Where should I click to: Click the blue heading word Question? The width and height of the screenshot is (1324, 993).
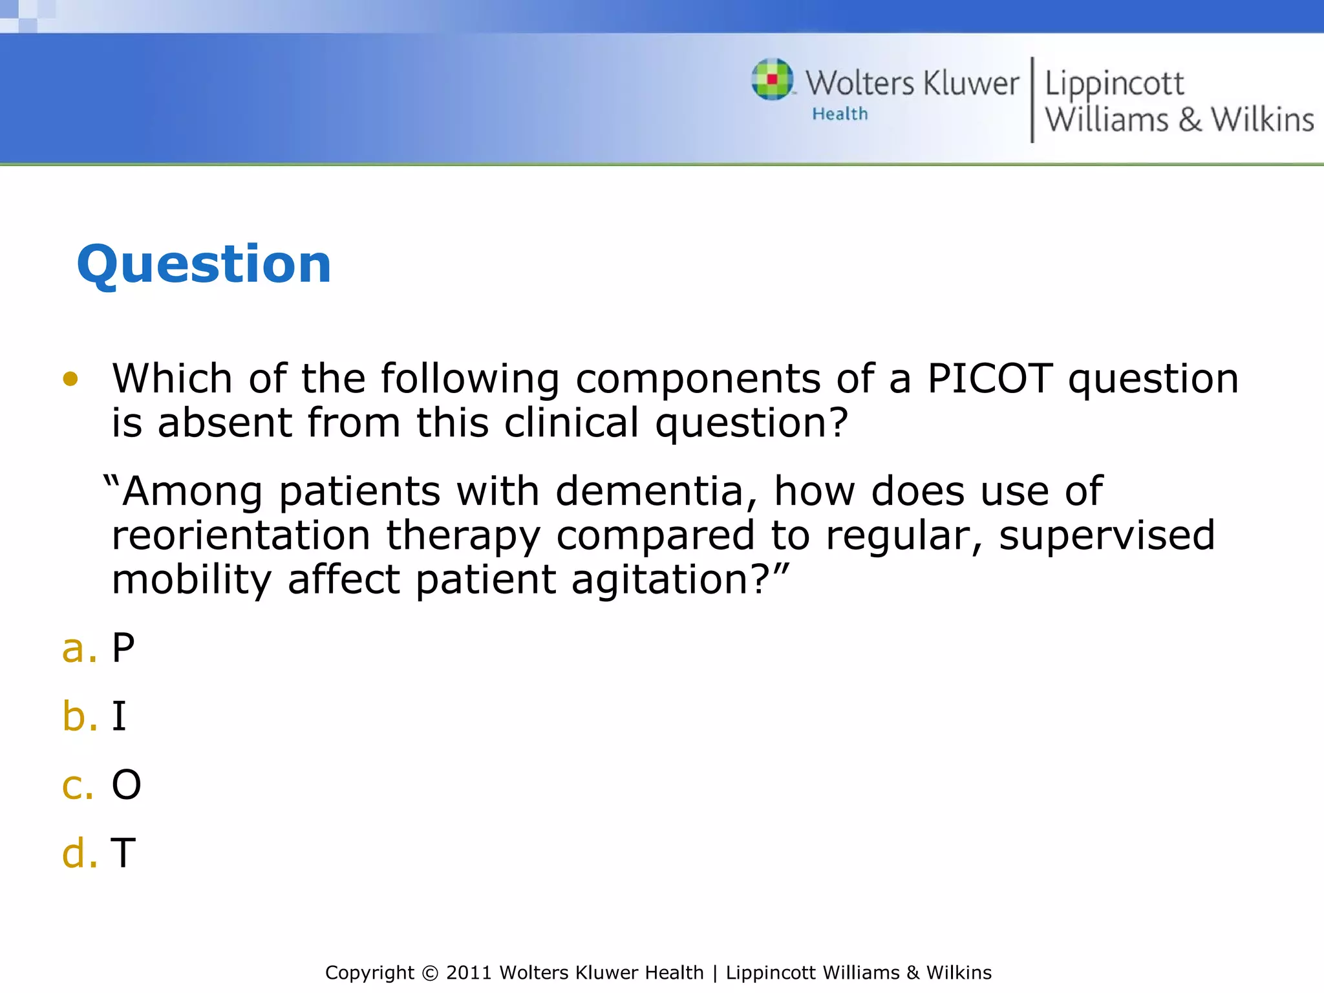click(204, 264)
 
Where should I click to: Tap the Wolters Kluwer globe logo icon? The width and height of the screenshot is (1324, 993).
click(772, 80)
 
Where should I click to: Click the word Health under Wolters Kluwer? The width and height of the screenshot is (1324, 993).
click(840, 114)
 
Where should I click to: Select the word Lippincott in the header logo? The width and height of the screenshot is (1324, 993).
click(1114, 84)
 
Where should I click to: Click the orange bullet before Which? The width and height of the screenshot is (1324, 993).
click(70, 379)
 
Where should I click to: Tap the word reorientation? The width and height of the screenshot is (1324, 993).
click(240, 535)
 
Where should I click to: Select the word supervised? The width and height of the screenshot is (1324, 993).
click(1107, 535)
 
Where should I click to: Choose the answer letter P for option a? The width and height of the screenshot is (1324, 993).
click(123, 648)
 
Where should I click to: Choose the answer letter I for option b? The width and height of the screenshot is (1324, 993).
click(119, 716)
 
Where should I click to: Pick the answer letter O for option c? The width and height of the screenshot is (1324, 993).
click(126, 785)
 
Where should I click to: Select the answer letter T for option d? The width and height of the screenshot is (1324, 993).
click(123, 853)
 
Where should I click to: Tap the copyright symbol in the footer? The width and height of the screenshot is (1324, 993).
click(429, 973)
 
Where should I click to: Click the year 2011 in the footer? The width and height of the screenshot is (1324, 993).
click(469, 973)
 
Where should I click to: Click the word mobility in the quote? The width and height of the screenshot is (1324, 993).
click(191, 579)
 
